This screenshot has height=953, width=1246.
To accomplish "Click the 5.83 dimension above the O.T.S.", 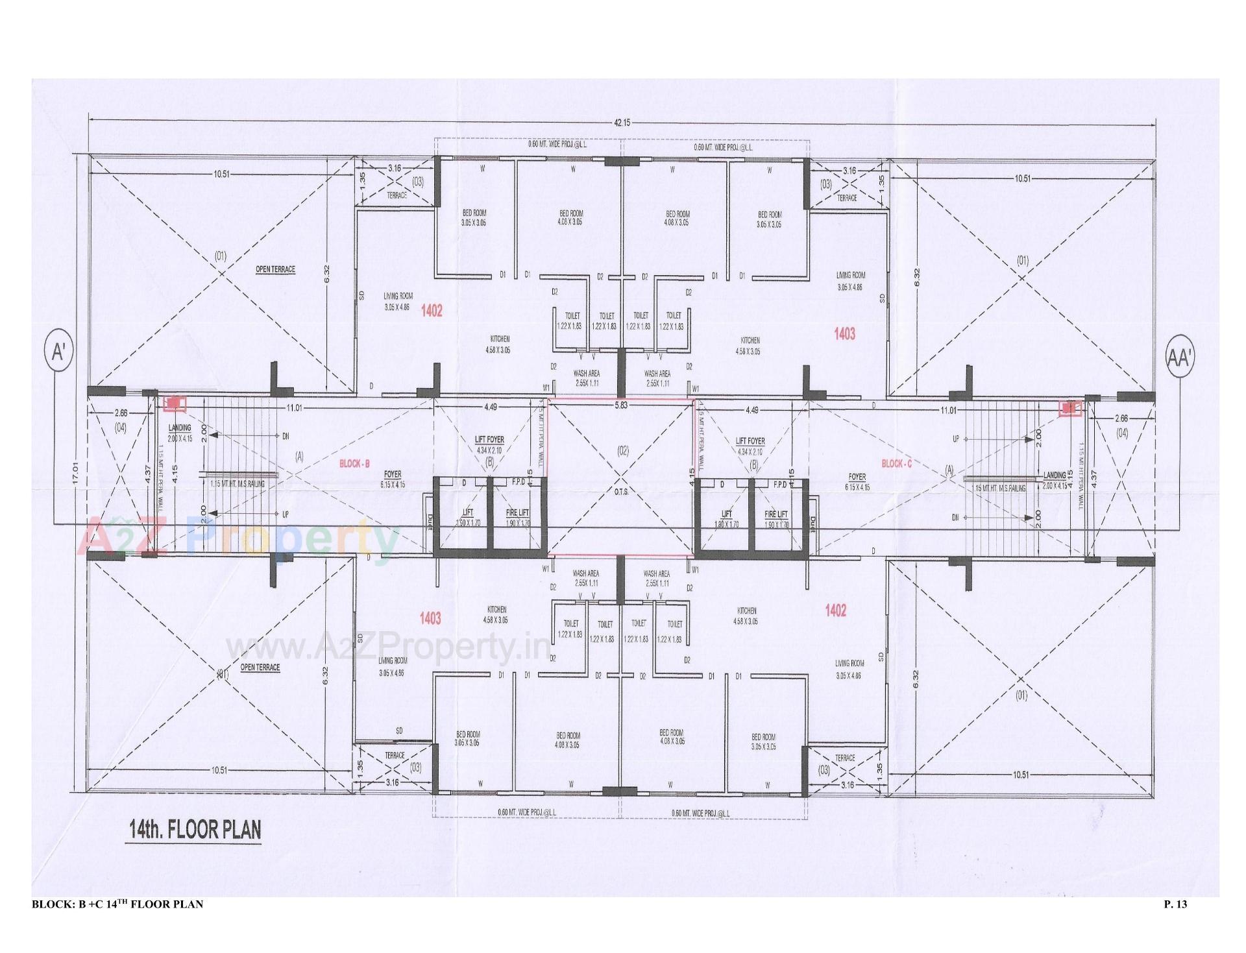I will [x=621, y=406].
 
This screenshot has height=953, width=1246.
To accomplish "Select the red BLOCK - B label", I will [x=354, y=464].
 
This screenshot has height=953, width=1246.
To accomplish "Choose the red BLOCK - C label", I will [x=896, y=464].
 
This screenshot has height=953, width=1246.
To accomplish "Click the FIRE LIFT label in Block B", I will [x=517, y=513].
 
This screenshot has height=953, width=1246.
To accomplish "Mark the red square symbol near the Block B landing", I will [x=174, y=404].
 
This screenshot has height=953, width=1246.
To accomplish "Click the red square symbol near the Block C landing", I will [x=1068, y=408].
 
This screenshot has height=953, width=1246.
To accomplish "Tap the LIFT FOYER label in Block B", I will [x=489, y=439].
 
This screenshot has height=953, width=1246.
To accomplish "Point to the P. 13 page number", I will [x=1179, y=904].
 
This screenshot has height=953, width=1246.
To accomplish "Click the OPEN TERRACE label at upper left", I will [x=275, y=269].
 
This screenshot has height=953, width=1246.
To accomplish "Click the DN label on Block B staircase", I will [x=285, y=436].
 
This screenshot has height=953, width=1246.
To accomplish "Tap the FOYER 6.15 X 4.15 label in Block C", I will [x=857, y=481].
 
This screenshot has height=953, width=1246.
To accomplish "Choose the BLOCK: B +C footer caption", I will [x=117, y=904].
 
